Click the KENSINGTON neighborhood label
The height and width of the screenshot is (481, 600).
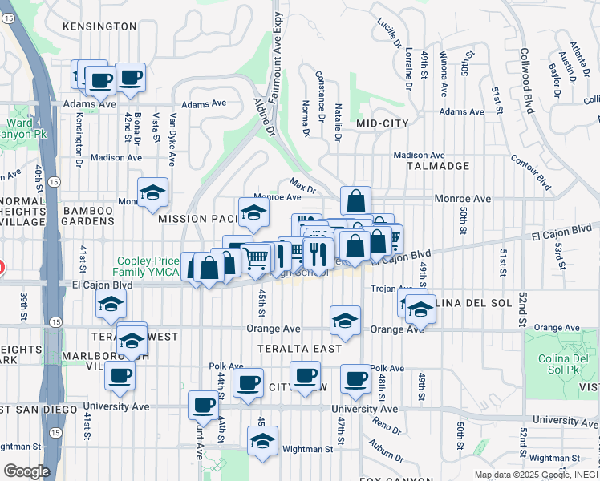99,26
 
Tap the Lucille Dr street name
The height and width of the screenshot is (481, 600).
389,30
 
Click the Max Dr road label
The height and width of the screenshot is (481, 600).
303,188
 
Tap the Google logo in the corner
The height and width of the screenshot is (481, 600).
26,471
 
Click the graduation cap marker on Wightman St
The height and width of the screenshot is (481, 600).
261,442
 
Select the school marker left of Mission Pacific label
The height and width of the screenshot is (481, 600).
152,192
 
